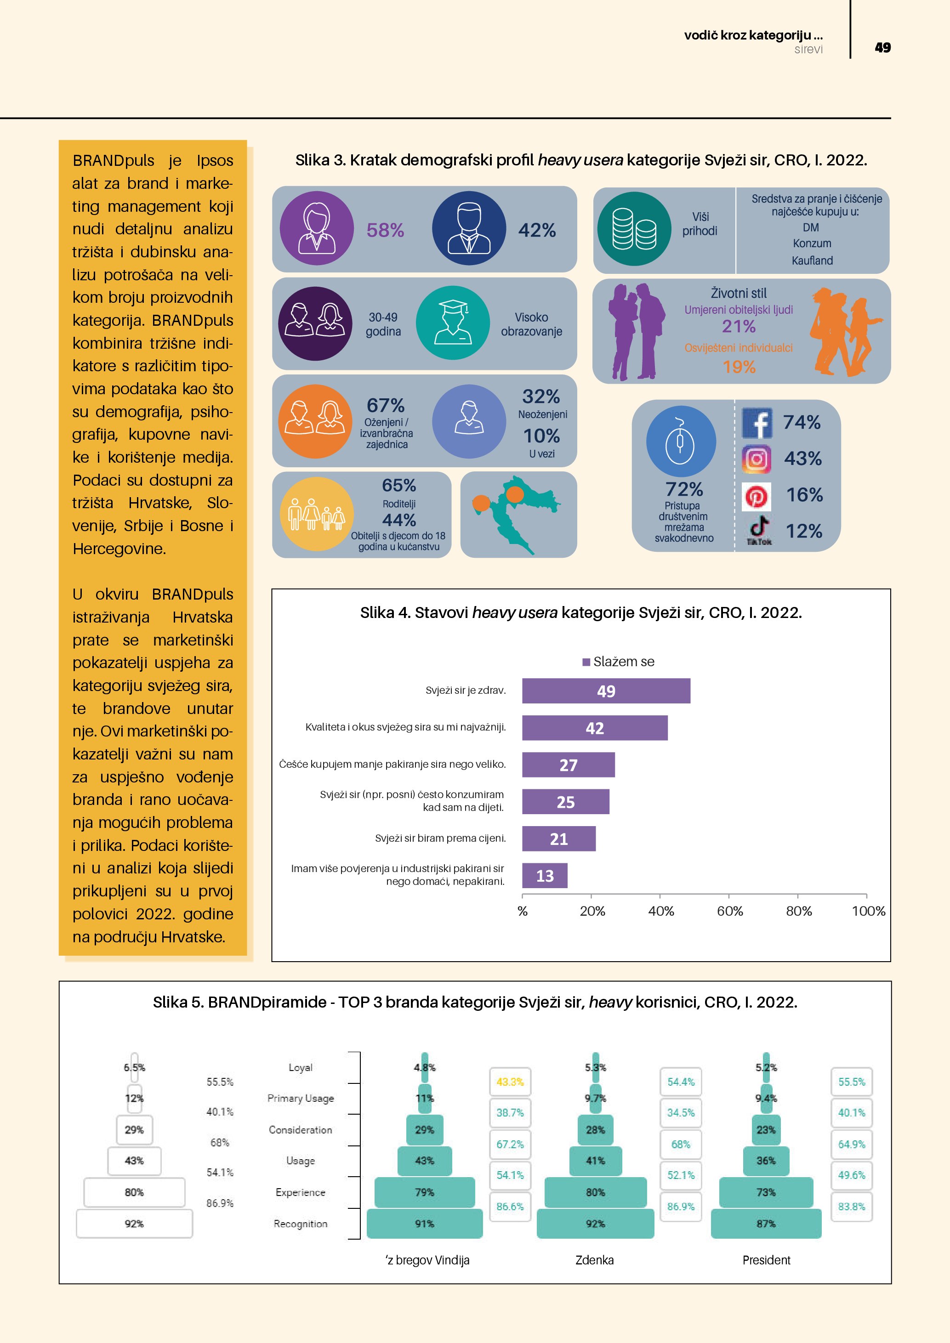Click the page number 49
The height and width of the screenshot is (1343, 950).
click(882, 47)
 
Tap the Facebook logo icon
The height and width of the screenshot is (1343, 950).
click(757, 423)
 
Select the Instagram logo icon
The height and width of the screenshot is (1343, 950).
click(757, 459)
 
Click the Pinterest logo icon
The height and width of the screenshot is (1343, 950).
click(757, 497)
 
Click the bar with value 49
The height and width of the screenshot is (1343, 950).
click(605, 691)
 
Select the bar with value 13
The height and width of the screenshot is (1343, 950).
click(544, 876)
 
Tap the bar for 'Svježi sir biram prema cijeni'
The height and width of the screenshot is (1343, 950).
click(559, 839)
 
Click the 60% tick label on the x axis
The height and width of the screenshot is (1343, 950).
click(729, 911)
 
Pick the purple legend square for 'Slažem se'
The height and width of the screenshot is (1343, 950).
click(586, 662)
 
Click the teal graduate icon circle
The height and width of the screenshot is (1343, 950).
click(453, 323)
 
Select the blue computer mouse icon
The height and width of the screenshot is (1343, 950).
click(680, 441)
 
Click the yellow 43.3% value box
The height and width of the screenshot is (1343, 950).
click(510, 1082)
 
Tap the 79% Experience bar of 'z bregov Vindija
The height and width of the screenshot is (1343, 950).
click(425, 1192)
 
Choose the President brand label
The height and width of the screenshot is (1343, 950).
click(766, 1260)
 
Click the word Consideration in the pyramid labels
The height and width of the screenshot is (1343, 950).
click(300, 1129)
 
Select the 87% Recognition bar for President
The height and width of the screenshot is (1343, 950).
click(766, 1224)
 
